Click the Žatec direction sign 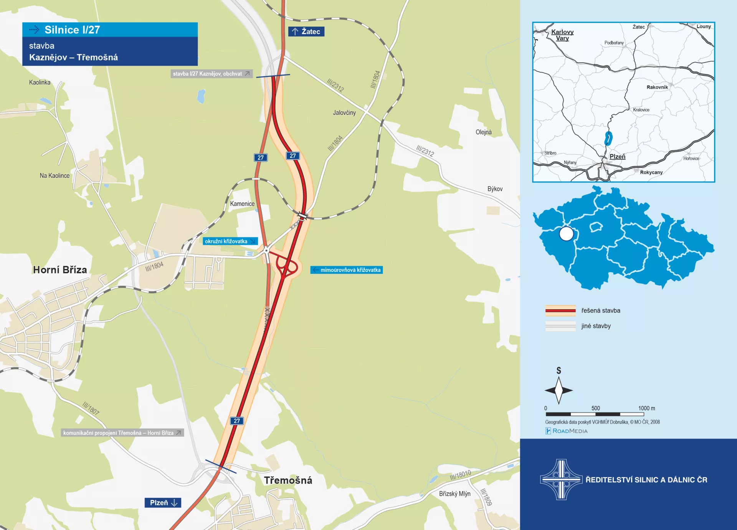click(306, 31)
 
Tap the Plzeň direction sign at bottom click(163, 503)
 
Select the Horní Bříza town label click(60, 270)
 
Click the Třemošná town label click(288, 480)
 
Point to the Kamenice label click(242, 204)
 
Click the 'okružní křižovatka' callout click(230, 241)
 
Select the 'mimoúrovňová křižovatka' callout click(347, 270)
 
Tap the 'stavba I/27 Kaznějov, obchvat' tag click(211, 74)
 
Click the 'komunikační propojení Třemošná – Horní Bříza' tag click(122, 433)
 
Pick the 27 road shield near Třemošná click(237, 421)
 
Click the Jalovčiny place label click(344, 113)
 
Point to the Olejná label click(483, 132)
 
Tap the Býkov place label click(495, 189)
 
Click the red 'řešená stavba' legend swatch click(560, 310)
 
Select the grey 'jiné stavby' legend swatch click(560, 326)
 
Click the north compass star click(559, 390)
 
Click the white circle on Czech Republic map click(566, 234)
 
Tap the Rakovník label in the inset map click(657, 87)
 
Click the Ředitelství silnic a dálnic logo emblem click(561, 479)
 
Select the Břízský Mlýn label click(454, 494)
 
